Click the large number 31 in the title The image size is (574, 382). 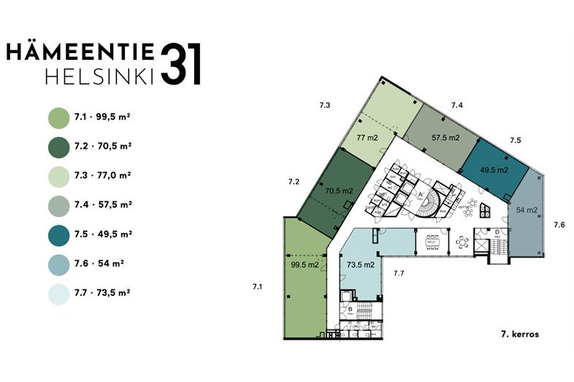pos(180,64)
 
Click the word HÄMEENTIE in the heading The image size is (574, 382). pos(80,51)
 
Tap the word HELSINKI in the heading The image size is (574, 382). pos(99,77)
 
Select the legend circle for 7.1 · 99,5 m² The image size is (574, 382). pos(58,117)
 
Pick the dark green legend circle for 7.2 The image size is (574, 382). pos(58,146)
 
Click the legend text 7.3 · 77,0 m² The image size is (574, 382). pos(103,176)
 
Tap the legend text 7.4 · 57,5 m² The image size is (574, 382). pos(103,205)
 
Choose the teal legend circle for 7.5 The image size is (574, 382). pos(58,234)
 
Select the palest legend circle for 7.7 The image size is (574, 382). pos(58,293)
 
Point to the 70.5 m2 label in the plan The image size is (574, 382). pos(339,191)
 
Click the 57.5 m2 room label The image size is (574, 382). pos(445,137)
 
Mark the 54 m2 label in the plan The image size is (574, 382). pos(527,210)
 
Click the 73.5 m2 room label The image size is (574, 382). pos(361,265)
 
